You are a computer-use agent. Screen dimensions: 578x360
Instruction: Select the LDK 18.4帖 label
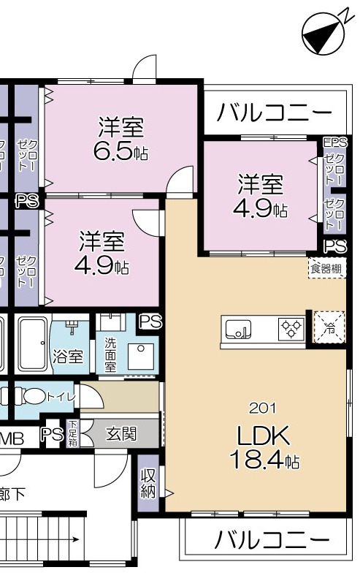[x=264, y=448]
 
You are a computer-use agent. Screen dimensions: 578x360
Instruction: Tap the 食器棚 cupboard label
[x=326, y=268]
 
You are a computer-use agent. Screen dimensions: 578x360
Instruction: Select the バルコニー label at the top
[x=274, y=113]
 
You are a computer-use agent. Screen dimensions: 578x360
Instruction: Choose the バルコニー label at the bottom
[x=270, y=541]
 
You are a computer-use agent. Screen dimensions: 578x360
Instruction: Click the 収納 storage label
[x=148, y=483]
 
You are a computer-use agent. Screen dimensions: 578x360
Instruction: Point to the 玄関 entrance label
[x=121, y=434]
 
